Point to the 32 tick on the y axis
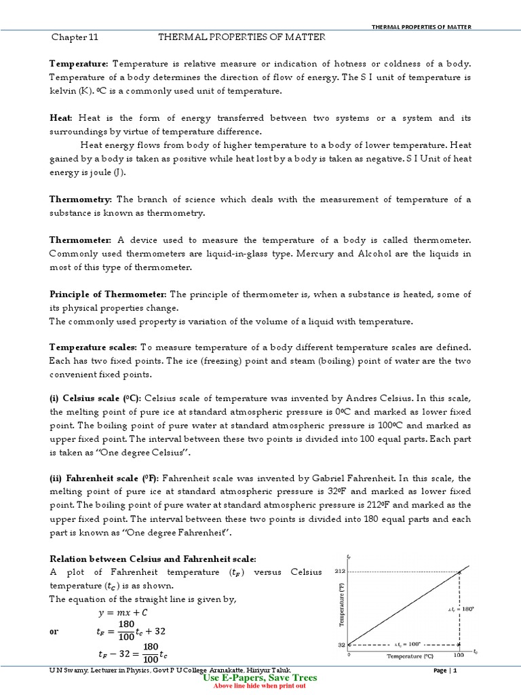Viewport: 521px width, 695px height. [x=341, y=644]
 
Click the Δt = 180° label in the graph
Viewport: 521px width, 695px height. [x=461, y=609]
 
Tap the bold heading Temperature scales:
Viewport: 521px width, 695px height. [x=93, y=347]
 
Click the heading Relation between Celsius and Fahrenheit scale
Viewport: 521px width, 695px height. [x=153, y=558]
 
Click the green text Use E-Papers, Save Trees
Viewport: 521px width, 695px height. [x=259, y=677]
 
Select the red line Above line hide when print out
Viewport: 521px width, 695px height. [x=259, y=685]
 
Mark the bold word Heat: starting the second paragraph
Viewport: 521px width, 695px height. [x=62, y=118]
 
